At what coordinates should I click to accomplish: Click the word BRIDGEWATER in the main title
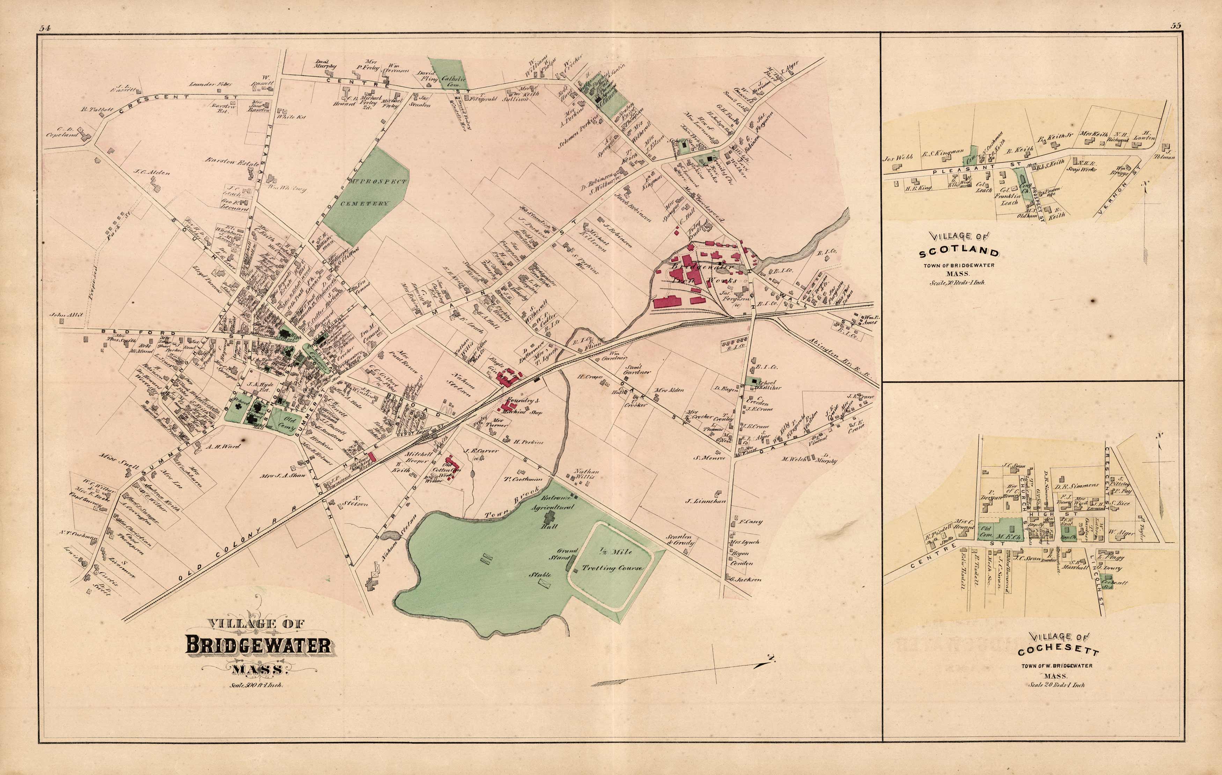coord(258,646)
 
